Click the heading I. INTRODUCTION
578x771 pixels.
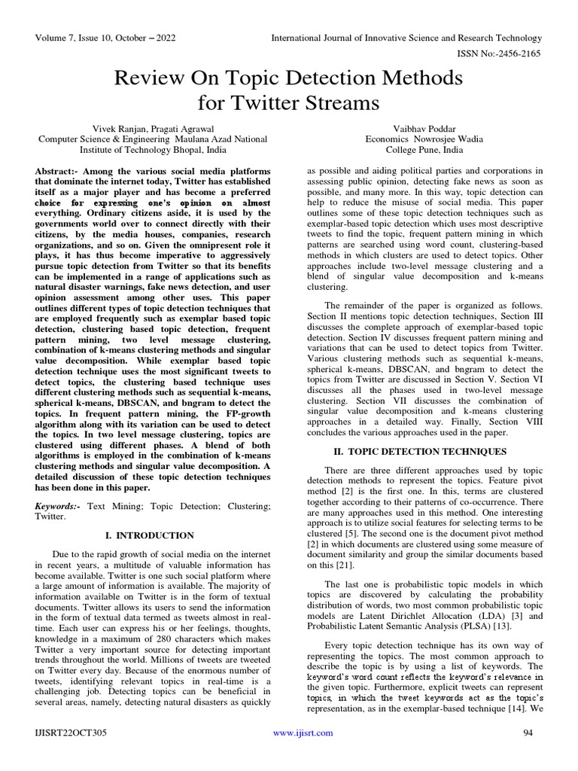pyautogui.click(x=153, y=535)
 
